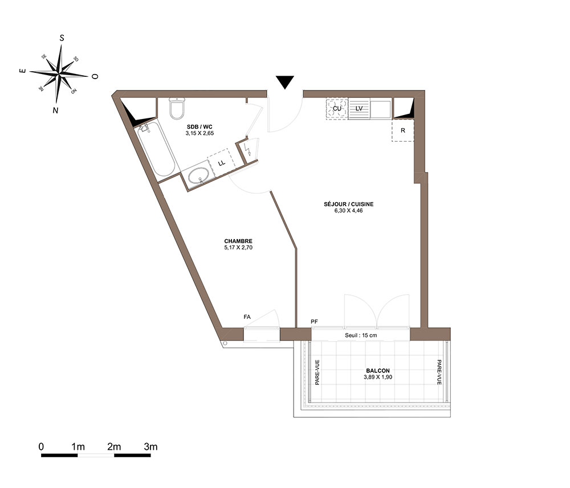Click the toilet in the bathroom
(x=177, y=108)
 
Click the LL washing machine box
(x=222, y=163)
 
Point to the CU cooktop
(x=337, y=108)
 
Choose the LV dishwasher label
(x=359, y=108)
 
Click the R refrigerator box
(x=403, y=130)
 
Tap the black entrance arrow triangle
(x=284, y=82)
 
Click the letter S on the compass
(x=62, y=38)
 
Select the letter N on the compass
(x=55, y=110)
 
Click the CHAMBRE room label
(x=238, y=241)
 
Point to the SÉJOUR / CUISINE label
(x=349, y=204)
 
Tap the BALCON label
(x=378, y=371)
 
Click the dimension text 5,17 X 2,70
(x=238, y=248)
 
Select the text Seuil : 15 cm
(x=361, y=335)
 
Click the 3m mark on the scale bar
(x=151, y=446)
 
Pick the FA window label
(x=247, y=317)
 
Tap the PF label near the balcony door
(x=315, y=321)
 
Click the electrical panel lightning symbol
(x=247, y=149)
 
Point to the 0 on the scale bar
(x=42, y=446)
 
